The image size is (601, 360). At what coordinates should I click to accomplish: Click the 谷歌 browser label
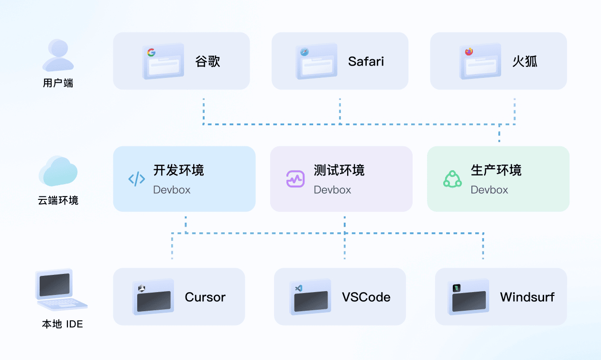click(x=208, y=62)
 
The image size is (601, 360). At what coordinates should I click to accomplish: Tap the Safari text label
click(x=366, y=62)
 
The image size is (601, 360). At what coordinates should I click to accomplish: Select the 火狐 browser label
click(x=525, y=62)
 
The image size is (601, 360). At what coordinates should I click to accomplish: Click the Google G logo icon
click(x=151, y=53)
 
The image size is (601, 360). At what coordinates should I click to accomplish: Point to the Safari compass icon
click(x=305, y=52)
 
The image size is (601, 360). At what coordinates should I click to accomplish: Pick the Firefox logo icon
click(x=469, y=52)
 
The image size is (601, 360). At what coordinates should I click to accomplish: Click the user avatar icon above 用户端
click(x=58, y=55)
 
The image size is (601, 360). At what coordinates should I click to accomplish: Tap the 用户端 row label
click(x=58, y=83)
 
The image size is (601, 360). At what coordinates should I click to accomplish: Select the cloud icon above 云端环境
click(x=58, y=171)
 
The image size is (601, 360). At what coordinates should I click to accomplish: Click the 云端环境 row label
click(x=58, y=200)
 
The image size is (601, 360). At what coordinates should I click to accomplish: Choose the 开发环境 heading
click(x=178, y=170)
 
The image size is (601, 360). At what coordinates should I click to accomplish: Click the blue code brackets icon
click(x=137, y=179)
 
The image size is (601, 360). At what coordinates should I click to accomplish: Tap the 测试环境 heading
click(x=339, y=170)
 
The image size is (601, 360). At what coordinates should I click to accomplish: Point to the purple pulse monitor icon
click(x=295, y=179)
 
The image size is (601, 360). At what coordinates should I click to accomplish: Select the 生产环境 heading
click(x=496, y=170)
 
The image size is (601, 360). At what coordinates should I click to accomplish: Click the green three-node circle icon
click(x=452, y=179)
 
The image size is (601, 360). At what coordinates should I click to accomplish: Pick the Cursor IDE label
click(x=205, y=297)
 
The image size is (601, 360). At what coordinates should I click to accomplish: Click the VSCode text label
click(x=366, y=297)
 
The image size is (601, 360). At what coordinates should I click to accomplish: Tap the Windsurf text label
click(x=527, y=297)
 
